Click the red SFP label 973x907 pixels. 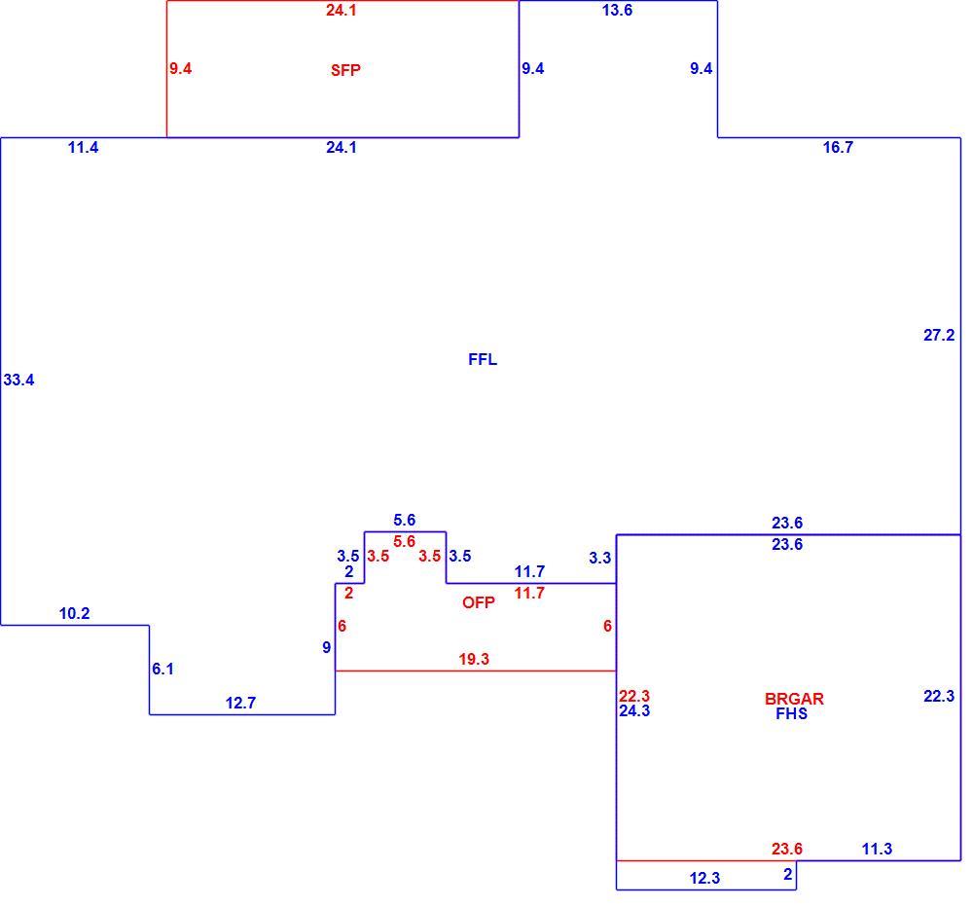(x=345, y=70)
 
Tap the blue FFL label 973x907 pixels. (x=483, y=359)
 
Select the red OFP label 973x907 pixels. (x=479, y=602)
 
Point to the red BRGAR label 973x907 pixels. (x=794, y=699)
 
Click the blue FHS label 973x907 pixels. (x=792, y=713)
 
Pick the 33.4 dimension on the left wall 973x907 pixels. (x=18, y=380)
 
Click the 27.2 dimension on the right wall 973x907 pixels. (x=939, y=335)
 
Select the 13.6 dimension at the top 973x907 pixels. (x=617, y=10)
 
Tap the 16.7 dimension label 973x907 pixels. (x=838, y=147)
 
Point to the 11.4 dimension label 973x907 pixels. (x=83, y=147)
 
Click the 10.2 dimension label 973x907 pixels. (x=75, y=613)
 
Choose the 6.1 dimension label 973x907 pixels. (x=162, y=669)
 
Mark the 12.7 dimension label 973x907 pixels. (x=240, y=703)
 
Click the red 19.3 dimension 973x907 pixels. (x=474, y=659)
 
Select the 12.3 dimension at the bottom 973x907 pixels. (x=704, y=878)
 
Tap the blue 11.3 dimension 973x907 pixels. (x=877, y=849)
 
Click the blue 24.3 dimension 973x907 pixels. (x=634, y=710)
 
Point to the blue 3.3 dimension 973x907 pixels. (x=600, y=558)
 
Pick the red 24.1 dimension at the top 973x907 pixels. (x=342, y=10)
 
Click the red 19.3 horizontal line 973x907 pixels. (x=476, y=671)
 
